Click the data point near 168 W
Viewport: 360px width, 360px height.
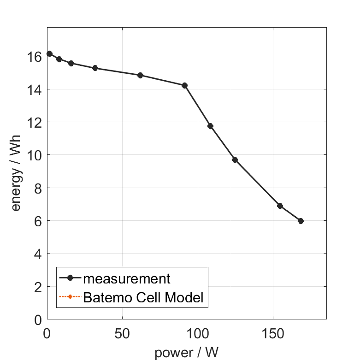(301, 221)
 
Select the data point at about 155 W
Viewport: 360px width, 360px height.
(280, 206)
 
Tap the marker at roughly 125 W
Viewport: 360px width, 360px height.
(235, 159)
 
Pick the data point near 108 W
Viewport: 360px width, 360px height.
(210, 126)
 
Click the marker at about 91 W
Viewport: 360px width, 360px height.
(184, 85)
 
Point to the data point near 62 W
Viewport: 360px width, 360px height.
(140, 75)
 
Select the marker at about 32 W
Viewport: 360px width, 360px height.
(95, 68)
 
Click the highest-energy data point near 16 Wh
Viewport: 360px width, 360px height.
(49, 53)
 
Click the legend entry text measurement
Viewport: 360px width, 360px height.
(127, 278)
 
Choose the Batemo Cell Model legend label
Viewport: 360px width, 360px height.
(143, 297)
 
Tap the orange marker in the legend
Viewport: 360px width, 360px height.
(70, 297)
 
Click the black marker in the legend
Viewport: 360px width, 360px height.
(70, 278)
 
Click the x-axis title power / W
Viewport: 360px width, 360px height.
(186, 353)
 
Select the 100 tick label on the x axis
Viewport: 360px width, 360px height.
(198, 333)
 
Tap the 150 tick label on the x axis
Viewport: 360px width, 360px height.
(273, 333)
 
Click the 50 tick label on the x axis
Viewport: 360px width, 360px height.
(122, 333)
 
